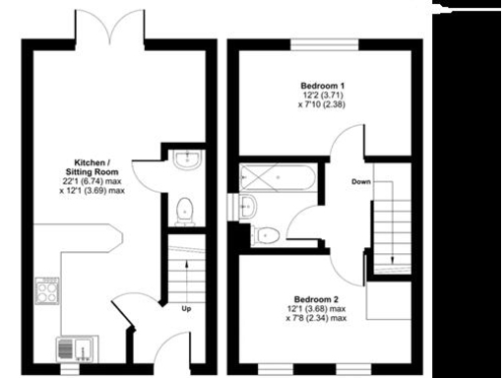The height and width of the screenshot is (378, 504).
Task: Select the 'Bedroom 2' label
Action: (x=316, y=298)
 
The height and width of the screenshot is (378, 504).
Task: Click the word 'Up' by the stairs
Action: (x=187, y=306)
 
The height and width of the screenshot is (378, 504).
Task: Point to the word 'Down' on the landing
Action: (x=361, y=181)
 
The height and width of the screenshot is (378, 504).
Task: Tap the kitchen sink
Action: (x=71, y=347)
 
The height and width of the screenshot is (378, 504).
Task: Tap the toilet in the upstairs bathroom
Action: (x=266, y=234)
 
